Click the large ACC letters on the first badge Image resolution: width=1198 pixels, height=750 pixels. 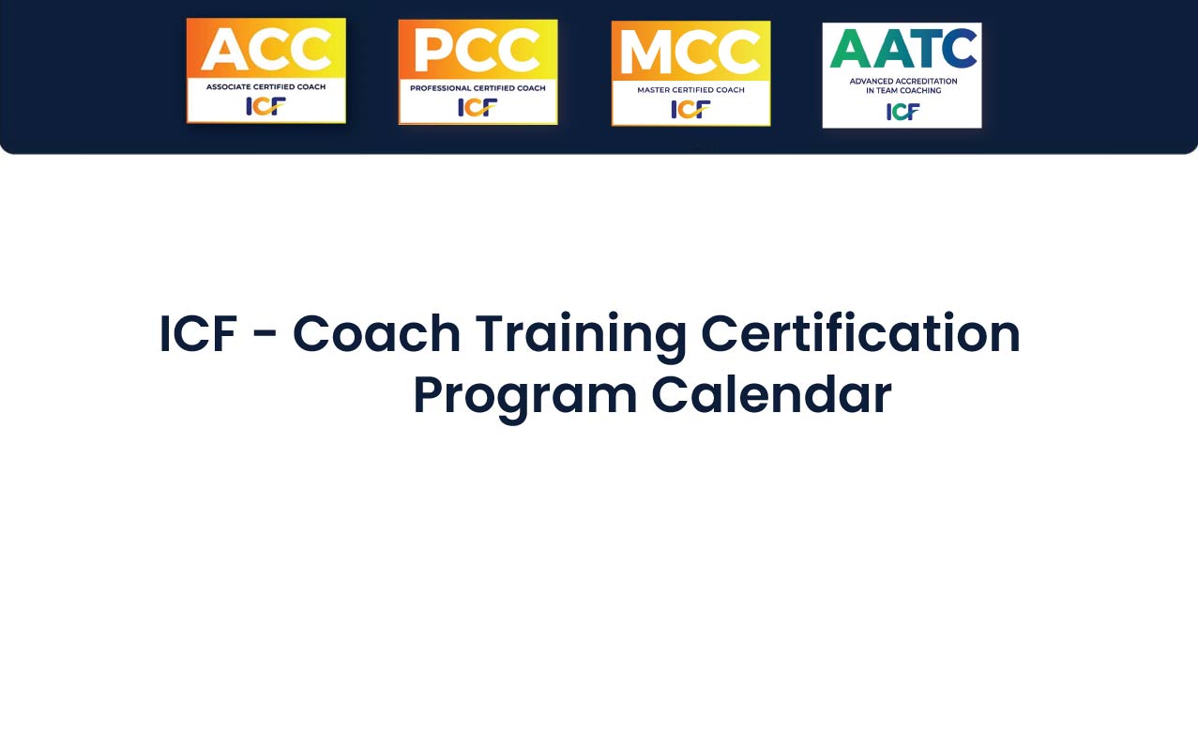(265, 49)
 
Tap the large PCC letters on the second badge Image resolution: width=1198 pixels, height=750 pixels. (478, 51)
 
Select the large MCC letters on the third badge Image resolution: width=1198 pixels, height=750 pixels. (690, 52)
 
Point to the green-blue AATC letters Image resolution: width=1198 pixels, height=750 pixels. (902, 49)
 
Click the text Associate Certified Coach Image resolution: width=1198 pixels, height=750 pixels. (265, 86)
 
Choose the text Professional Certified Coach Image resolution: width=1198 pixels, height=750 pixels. (478, 88)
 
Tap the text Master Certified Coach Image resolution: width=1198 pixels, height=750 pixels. (690, 90)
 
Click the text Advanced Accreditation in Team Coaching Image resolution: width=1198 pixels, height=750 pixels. (903, 85)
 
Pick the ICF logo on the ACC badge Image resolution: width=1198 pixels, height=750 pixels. (265, 106)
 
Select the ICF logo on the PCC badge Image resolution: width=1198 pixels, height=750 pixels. (478, 108)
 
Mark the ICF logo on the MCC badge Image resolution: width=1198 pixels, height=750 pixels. (690, 110)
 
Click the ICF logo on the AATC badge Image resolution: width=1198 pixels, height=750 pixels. (902, 112)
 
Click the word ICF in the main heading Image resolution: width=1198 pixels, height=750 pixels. (199, 334)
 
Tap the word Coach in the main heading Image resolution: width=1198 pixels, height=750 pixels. (376, 334)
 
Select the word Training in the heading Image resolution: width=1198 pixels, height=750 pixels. (581, 337)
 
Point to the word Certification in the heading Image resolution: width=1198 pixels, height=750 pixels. (860, 332)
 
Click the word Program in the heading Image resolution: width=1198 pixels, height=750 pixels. (525, 399)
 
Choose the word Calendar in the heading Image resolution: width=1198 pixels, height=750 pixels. (771, 394)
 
